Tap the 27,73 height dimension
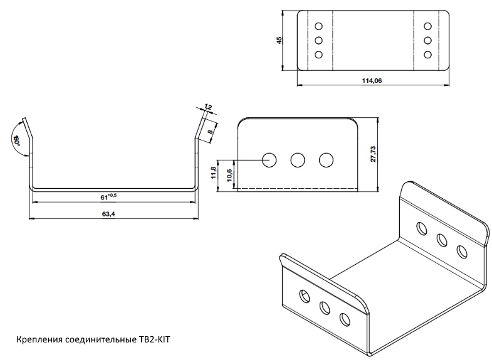click(x=374, y=154)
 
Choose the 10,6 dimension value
click(x=228, y=176)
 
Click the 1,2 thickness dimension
click(x=209, y=107)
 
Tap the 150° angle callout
click(x=18, y=139)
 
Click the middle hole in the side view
click(x=298, y=160)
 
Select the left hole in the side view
click(x=270, y=160)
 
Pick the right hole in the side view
click(x=325, y=160)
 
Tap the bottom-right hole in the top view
click(x=428, y=55)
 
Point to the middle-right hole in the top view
click(x=428, y=41)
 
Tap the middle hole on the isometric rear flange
click(x=441, y=239)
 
